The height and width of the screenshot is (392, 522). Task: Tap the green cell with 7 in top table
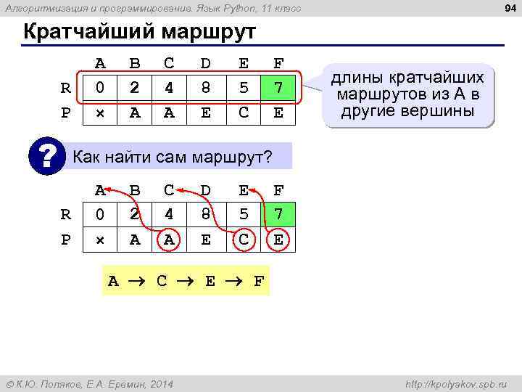point(278,88)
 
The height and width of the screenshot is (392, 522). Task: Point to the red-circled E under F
point(278,240)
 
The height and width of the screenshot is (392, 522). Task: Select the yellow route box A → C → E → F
point(186,281)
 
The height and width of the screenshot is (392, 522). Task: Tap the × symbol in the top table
point(100,113)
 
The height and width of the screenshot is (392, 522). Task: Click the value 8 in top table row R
point(207,88)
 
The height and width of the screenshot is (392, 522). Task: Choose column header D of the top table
point(207,63)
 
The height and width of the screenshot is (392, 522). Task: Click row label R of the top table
point(65,89)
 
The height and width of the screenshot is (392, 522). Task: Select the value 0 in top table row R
point(100,88)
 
